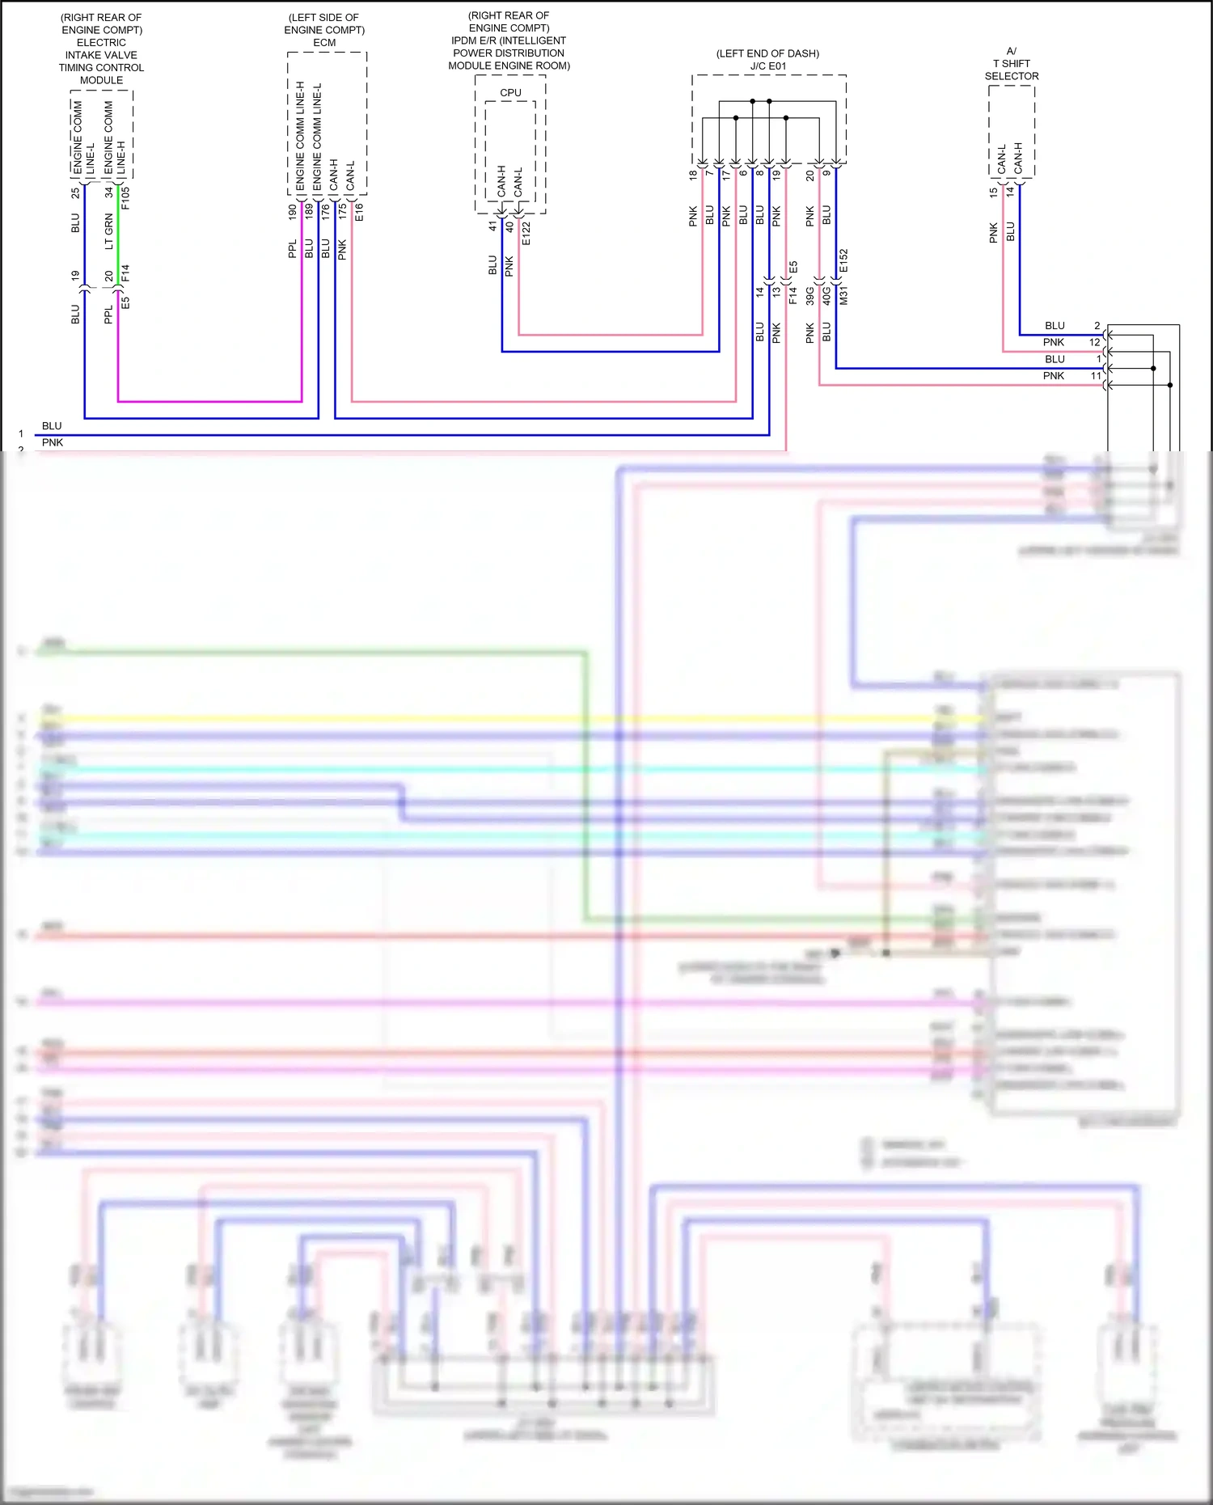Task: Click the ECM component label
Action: [324, 43]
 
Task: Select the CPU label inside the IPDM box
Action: [510, 93]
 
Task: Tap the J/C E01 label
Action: [767, 66]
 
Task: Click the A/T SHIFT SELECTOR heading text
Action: [1011, 64]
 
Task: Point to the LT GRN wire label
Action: [109, 231]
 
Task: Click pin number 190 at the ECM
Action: [292, 213]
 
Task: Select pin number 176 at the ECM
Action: [325, 213]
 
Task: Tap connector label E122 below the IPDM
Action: [526, 233]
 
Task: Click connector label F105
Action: [125, 198]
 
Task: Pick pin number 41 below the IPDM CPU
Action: [492, 226]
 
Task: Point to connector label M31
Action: [843, 295]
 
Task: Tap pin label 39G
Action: [809, 295]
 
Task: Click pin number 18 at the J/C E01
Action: [693, 174]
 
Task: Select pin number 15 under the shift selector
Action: [993, 192]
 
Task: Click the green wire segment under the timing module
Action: [118, 230]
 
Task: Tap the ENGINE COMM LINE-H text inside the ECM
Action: [300, 136]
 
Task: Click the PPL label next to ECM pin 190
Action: [292, 248]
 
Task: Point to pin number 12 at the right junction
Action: [1094, 342]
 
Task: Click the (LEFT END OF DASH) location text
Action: [767, 53]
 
